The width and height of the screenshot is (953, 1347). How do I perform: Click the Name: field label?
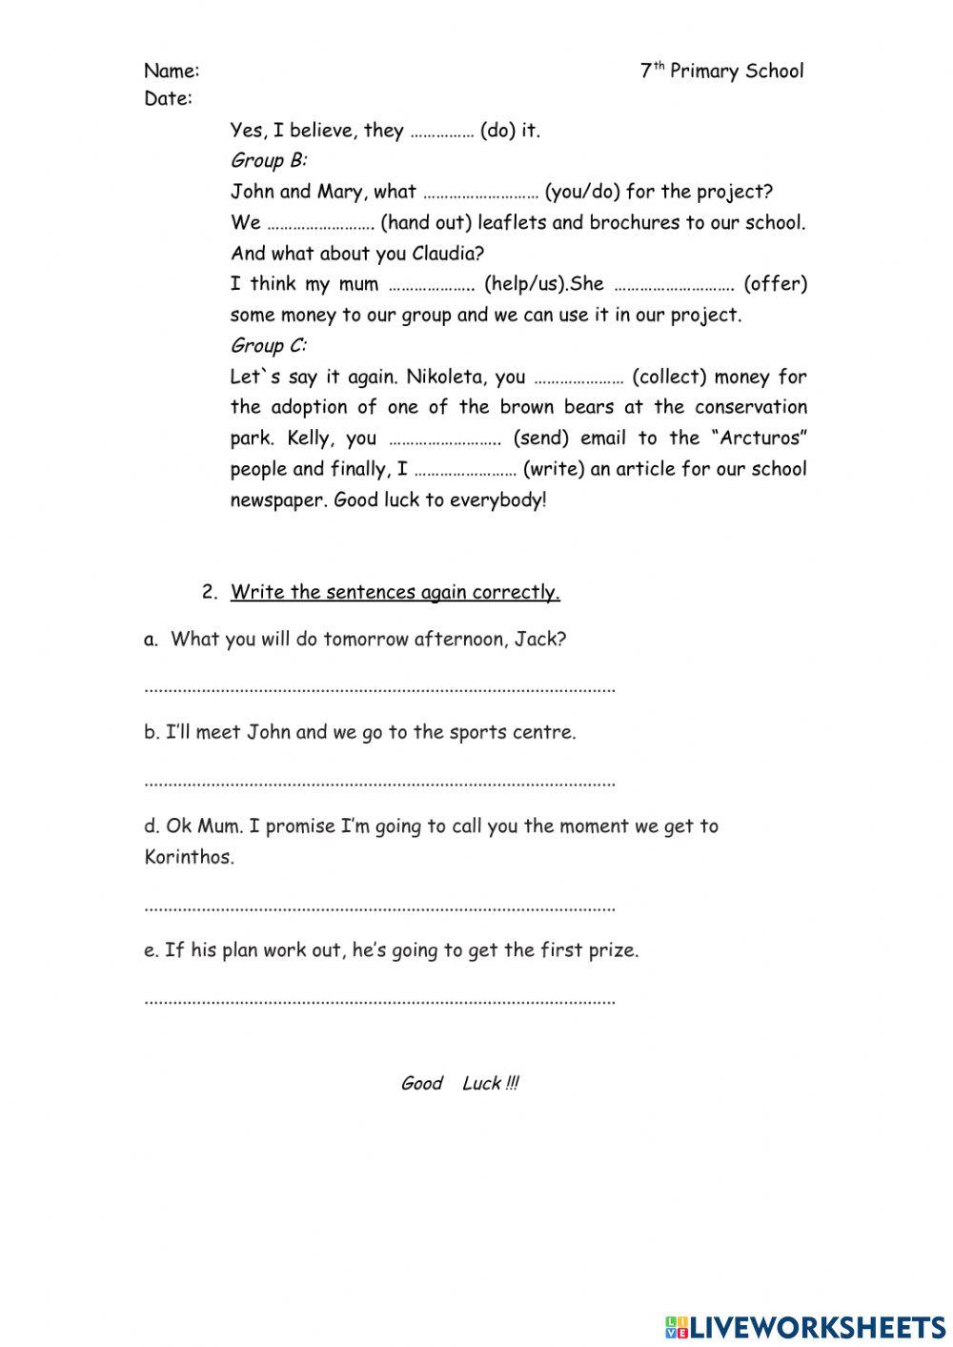point(172,71)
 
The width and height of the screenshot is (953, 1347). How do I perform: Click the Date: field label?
point(168,98)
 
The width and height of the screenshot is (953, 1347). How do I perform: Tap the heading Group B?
point(268,160)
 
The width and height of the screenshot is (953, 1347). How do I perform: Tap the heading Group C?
point(268,345)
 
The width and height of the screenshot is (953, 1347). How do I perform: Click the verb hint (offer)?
point(775,284)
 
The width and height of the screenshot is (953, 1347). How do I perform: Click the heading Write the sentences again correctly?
point(395,592)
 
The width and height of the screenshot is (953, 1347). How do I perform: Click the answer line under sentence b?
point(379,783)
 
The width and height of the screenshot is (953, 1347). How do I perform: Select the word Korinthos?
point(188,857)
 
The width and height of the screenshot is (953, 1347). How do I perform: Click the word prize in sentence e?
point(612,950)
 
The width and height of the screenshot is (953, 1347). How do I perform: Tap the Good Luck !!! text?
point(459,1083)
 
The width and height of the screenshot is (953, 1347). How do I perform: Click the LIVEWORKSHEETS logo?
point(805,1326)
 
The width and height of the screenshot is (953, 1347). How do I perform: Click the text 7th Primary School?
point(721,71)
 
